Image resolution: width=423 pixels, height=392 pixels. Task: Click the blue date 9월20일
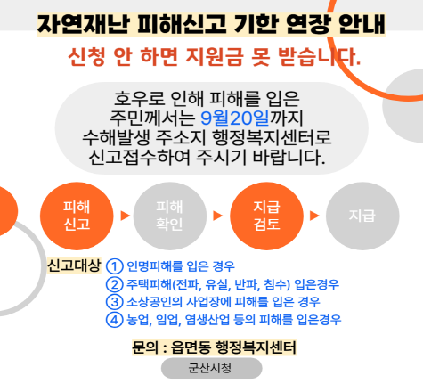click(x=235, y=118)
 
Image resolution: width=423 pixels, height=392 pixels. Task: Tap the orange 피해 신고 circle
click(x=77, y=216)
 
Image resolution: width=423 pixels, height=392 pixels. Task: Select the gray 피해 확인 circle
click(x=170, y=216)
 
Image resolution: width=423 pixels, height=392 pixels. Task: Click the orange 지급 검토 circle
click(x=266, y=216)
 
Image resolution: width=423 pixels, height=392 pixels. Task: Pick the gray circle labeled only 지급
click(x=362, y=216)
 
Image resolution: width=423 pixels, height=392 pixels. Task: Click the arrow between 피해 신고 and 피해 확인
click(x=125, y=216)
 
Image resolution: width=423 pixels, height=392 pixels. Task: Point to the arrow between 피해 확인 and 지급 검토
click(x=217, y=216)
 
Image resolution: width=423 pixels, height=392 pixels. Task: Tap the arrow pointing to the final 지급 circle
click(x=314, y=216)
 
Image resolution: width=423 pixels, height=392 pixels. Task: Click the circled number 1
click(x=114, y=266)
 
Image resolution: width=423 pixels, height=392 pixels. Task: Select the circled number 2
click(x=114, y=284)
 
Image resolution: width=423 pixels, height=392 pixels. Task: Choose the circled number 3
click(x=114, y=302)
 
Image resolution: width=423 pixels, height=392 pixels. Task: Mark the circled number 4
click(x=114, y=320)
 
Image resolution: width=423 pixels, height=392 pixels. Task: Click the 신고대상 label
click(x=74, y=265)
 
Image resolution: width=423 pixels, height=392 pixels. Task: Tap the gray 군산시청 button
click(x=212, y=368)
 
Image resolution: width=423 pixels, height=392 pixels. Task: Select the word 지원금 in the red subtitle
click(x=215, y=56)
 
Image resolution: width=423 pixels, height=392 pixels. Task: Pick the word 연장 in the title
click(x=308, y=24)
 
